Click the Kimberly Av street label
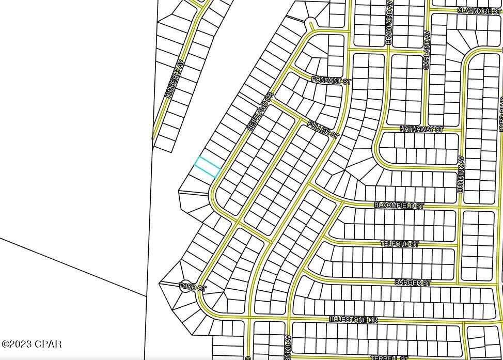tap(174, 79)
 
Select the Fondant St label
tap(331, 81)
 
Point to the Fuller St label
tap(322, 129)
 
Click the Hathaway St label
tap(421, 129)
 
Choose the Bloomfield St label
tap(399, 205)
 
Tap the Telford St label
tap(400, 244)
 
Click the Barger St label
tap(412, 283)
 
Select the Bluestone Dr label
tap(353, 320)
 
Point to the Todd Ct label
tap(192, 287)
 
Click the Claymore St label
tap(479, 10)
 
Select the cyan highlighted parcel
tap(208, 167)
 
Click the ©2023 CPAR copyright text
tap(32, 344)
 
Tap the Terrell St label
tap(388, 357)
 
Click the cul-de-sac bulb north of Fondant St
tap(310, 22)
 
